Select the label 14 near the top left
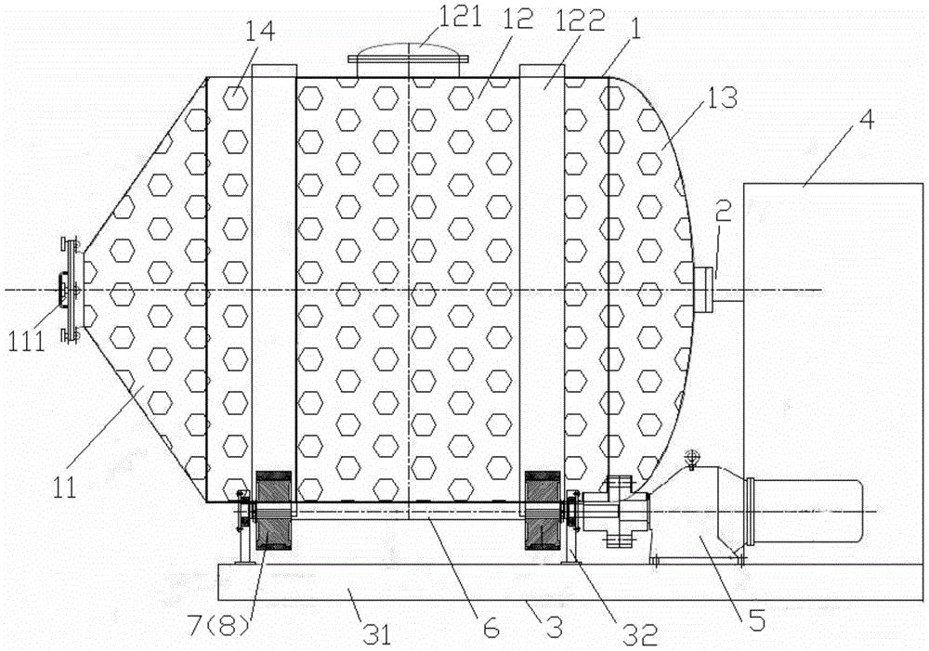pyautogui.click(x=261, y=32)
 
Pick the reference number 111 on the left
pyautogui.click(x=26, y=342)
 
